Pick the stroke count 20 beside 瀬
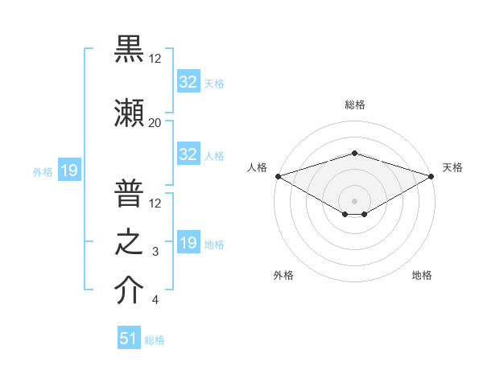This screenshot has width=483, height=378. click(155, 122)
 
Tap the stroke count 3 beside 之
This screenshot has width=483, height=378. click(155, 252)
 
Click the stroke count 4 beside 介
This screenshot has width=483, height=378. click(155, 300)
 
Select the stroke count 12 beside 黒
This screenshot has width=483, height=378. click(155, 59)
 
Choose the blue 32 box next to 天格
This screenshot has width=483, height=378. click(188, 81)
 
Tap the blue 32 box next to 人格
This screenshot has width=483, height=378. click(188, 154)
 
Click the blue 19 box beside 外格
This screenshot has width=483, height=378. click(68, 171)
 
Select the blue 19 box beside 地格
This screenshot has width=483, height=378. click(188, 243)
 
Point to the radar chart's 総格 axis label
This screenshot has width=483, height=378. click(355, 105)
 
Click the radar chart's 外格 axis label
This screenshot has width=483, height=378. click(283, 276)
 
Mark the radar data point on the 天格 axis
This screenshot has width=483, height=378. click(431, 175)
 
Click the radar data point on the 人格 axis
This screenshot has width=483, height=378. click(279, 175)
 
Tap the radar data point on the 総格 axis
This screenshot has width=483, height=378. click(355, 153)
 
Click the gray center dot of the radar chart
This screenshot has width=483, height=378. click(355, 199)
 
